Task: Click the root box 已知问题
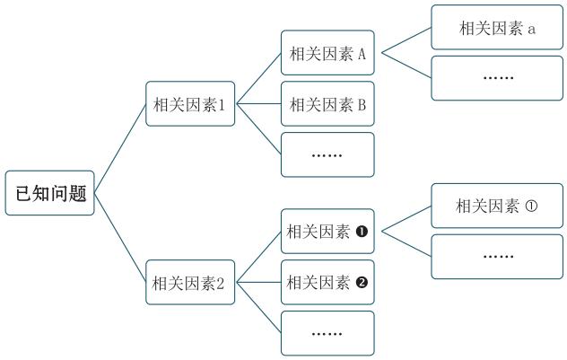pos(50,193)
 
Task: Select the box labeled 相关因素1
pos(190,104)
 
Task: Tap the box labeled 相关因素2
pos(190,284)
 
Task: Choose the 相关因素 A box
pos(327,53)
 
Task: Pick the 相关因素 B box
pos(327,104)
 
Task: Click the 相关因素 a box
pos(497,28)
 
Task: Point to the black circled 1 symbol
pos(362,232)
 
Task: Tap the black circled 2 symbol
pos(362,283)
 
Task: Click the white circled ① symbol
pos(530,206)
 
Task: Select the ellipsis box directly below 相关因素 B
pos(327,154)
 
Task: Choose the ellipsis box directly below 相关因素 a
pos(497,78)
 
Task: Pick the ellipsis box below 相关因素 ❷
pos(327,333)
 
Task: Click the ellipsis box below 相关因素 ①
pos(497,257)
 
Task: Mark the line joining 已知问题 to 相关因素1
pos(121,146)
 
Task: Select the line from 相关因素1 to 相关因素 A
pos(258,78)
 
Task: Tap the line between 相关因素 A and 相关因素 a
pos(406,40)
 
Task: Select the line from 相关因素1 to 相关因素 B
pos(258,104)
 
